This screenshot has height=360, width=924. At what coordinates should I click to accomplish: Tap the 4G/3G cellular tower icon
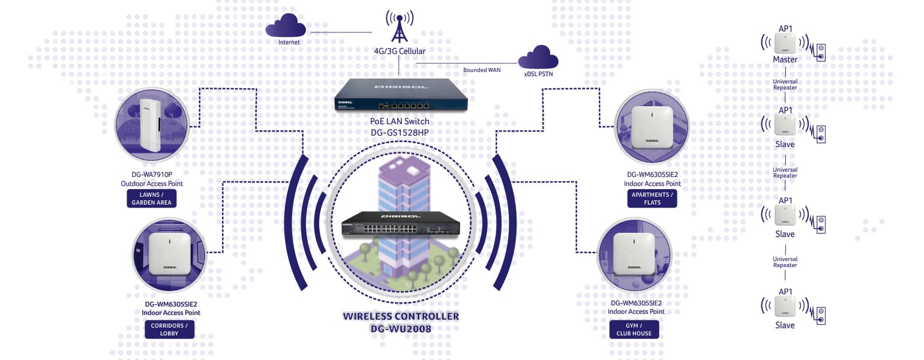399,27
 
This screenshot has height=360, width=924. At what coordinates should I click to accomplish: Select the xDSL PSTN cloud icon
538,58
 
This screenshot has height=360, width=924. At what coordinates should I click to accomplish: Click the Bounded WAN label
482,70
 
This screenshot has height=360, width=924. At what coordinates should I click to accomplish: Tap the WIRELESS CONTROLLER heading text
401,316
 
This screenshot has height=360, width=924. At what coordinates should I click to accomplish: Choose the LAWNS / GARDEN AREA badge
151,199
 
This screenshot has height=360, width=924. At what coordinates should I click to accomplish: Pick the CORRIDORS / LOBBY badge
169,329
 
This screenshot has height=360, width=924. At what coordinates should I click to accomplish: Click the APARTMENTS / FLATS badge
652,199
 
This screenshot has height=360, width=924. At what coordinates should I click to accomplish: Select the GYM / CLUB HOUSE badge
634,329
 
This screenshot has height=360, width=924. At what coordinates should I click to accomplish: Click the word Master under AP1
785,60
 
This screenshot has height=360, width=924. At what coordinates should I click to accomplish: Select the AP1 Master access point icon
785,43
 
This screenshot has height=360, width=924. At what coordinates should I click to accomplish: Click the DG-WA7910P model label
151,175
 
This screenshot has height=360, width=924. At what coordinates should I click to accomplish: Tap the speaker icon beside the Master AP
820,52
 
